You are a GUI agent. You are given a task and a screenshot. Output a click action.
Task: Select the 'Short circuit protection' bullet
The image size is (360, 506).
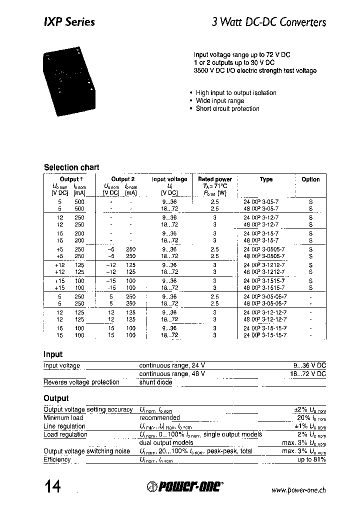pyautogui.click(x=227, y=108)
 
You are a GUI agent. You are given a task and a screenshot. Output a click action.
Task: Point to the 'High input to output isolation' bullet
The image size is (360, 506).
pyautogui.click(x=235, y=92)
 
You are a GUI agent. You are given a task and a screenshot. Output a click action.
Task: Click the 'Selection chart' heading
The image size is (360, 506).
pyautogui.click(x=71, y=167)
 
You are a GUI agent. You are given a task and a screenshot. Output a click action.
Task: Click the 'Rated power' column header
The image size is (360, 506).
pyautogui.click(x=215, y=179)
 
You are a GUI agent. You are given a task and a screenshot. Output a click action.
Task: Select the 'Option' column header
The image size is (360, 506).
pyautogui.click(x=310, y=179)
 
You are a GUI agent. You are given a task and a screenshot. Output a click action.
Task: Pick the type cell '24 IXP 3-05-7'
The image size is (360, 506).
pyautogui.click(x=261, y=201)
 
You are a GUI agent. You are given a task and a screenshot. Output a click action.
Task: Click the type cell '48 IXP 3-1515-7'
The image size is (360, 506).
pyautogui.click(x=264, y=288)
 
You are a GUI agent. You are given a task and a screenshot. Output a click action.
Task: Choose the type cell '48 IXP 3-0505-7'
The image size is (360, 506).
pyautogui.click(x=264, y=256)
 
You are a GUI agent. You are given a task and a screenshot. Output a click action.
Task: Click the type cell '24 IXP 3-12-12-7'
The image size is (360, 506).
pyautogui.click(x=265, y=312)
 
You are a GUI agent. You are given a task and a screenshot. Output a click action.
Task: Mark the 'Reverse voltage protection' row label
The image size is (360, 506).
pyautogui.click(x=81, y=382)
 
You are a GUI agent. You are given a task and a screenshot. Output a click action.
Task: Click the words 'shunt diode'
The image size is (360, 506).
pyautogui.click(x=155, y=382)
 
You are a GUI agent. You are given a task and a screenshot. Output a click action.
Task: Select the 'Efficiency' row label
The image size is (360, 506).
pyautogui.click(x=57, y=459)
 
